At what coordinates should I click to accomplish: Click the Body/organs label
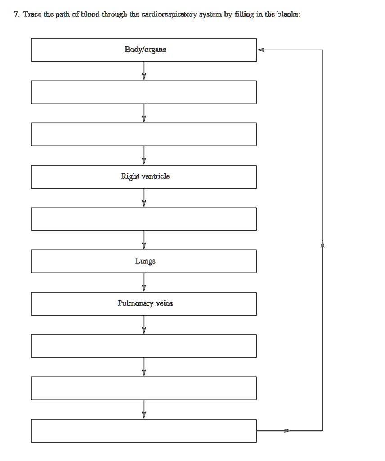coord(145,50)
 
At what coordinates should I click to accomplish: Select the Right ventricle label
coord(145,176)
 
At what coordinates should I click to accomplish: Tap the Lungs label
coord(145,261)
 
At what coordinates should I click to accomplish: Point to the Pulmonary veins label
coord(145,303)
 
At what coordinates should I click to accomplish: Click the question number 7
coord(16,14)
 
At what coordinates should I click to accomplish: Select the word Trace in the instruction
coord(31,14)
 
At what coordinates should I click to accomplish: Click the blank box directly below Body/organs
coord(144,92)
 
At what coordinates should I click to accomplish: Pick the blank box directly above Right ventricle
coord(144,134)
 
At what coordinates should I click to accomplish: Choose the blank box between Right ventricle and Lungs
coord(144,219)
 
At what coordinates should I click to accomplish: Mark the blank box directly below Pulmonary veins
coord(144,346)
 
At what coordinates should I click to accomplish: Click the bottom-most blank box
coord(144,430)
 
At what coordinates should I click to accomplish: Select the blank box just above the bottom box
coord(144,388)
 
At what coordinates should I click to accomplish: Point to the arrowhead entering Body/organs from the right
coord(260,50)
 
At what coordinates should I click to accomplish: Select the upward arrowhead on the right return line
coord(322,244)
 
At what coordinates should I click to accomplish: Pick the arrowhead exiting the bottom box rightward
coord(287,430)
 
